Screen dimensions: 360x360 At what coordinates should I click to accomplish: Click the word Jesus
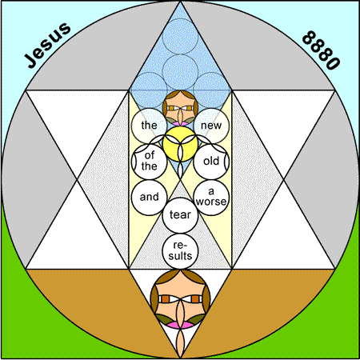tap(47, 45)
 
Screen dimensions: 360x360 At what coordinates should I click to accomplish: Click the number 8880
tap(321, 50)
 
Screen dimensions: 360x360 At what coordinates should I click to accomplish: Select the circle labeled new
tap(211, 126)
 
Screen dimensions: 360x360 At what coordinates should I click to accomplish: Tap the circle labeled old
tap(211, 162)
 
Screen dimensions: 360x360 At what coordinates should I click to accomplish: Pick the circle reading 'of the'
tap(149, 162)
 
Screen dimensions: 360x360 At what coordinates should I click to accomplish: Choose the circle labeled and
tap(149, 198)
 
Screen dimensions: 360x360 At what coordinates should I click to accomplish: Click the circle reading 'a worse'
tap(211, 198)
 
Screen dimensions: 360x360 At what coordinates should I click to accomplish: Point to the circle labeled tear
tap(180, 215)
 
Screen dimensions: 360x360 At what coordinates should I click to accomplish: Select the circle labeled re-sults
tap(180, 251)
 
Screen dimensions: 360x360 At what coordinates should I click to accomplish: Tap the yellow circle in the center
tap(180, 144)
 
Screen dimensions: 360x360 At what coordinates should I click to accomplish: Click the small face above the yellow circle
tap(180, 108)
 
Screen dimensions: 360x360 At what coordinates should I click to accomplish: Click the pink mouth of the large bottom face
tap(180, 325)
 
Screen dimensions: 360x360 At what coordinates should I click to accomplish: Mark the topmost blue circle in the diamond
tap(180, 36)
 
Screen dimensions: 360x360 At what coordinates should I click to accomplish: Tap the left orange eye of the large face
tap(166, 299)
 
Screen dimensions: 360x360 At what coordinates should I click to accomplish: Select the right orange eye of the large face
tap(195, 299)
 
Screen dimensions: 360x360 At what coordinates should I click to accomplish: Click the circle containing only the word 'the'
tap(149, 126)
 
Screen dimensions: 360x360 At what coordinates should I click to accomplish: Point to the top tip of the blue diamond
tap(180, 2)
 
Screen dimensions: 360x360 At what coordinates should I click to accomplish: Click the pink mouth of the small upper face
tap(180, 123)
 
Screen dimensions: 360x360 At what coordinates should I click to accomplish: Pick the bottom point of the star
tap(180, 358)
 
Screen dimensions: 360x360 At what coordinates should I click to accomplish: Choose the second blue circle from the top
tap(180, 72)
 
